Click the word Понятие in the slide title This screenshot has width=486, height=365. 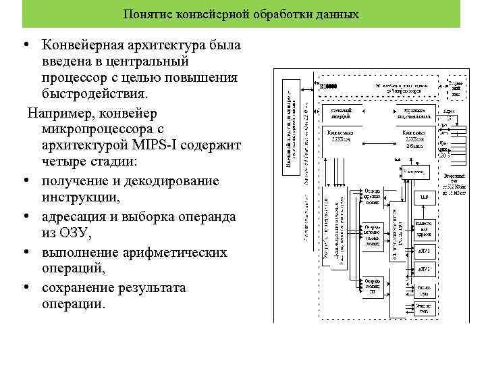(x=146, y=14)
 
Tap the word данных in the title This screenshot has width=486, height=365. (x=337, y=14)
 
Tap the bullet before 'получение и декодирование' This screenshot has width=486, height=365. (x=24, y=181)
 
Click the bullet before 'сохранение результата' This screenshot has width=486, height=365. (x=24, y=287)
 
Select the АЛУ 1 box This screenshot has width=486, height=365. (x=424, y=251)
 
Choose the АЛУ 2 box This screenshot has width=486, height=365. (x=424, y=269)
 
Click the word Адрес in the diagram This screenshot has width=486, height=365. (x=449, y=112)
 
